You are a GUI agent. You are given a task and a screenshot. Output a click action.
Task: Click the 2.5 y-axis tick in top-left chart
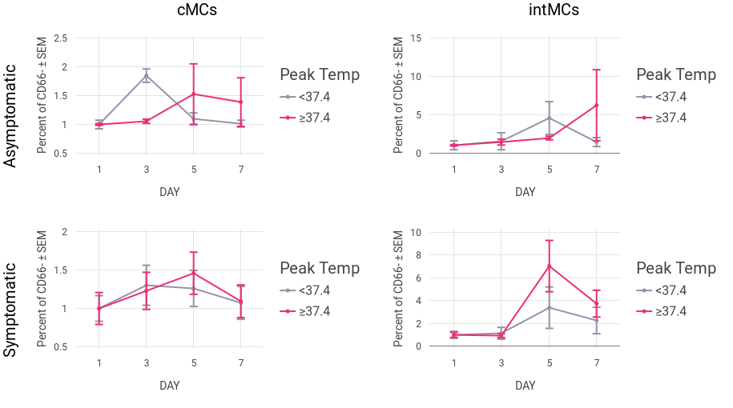tap(60, 38)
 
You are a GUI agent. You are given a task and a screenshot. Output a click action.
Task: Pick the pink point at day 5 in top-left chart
tap(193, 94)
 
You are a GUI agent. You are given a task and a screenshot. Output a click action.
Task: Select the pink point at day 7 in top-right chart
tap(596, 105)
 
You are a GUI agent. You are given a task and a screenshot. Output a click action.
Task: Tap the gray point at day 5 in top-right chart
tap(549, 118)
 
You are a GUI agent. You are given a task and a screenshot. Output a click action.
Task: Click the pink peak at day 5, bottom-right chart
tap(549, 265)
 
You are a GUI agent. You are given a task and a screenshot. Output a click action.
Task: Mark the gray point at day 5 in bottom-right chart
tap(549, 307)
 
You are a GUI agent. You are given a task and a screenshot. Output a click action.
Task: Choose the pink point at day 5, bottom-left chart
tap(193, 273)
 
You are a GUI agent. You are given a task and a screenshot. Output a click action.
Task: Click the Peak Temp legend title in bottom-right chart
tap(675, 268)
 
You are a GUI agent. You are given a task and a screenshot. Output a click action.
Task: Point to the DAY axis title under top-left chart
tap(169, 192)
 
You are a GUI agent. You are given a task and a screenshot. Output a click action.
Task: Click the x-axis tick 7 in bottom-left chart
tap(240, 362)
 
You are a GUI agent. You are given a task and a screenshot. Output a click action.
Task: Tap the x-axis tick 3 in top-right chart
tap(501, 169)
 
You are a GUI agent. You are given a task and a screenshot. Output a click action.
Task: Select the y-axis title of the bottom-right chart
tap(399, 289)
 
